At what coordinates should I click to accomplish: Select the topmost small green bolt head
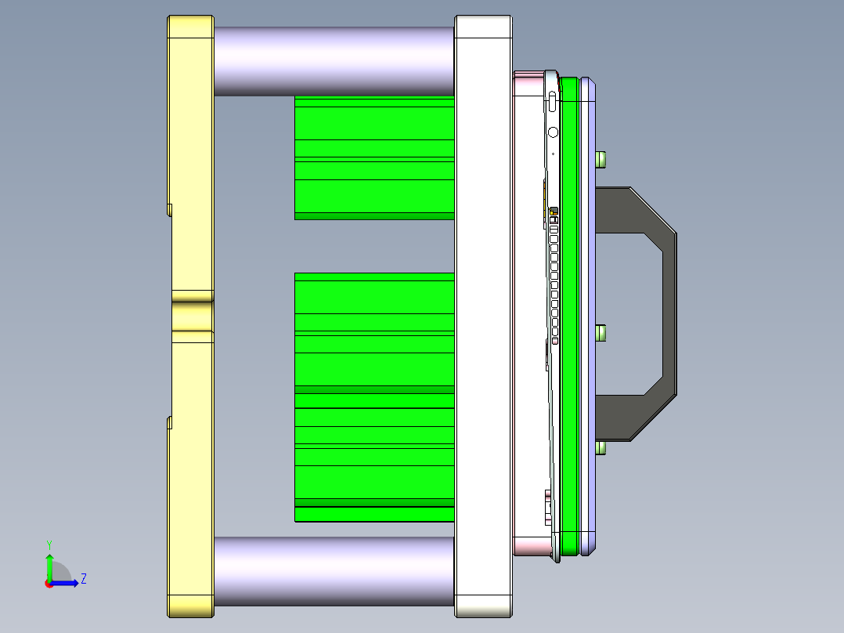pyautogui.click(x=601, y=159)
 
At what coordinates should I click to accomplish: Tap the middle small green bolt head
pyautogui.click(x=601, y=334)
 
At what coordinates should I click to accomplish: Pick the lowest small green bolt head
pyautogui.click(x=601, y=448)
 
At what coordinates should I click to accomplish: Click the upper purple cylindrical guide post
pyautogui.click(x=334, y=61)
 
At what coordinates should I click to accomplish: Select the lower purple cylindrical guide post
pyautogui.click(x=334, y=570)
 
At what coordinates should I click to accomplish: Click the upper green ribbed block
pyautogui.click(x=374, y=157)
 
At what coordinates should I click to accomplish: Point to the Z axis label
pyautogui.click(x=83, y=579)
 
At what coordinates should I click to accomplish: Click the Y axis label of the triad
pyautogui.click(x=49, y=544)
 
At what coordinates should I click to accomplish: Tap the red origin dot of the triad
pyautogui.click(x=49, y=584)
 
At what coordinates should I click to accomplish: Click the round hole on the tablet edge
pyautogui.click(x=553, y=132)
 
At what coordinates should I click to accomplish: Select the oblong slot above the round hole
pyautogui.click(x=553, y=101)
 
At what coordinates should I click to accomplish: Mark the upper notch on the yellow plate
pyautogui.click(x=169, y=209)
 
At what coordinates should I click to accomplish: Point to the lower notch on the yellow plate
pyautogui.click(x=169, y=423)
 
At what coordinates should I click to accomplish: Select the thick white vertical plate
pyautogui.click(x=483, y=313)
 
